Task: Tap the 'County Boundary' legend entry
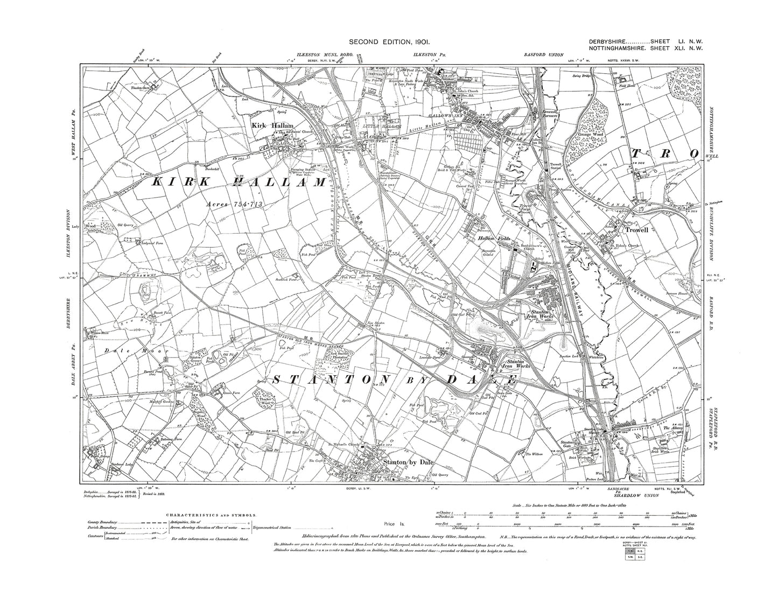click(104, 522)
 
